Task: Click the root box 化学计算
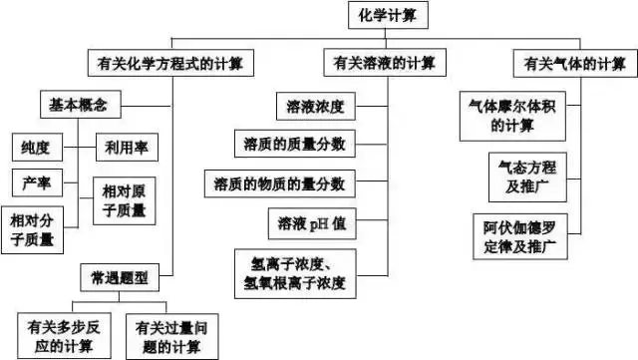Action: click(x=389, y=17)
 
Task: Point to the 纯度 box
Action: click(x=36, y=146)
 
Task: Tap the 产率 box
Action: click(x=36, y=183)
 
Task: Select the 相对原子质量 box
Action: click(x=124, y=198)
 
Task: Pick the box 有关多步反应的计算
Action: click(x=63, y=333)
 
